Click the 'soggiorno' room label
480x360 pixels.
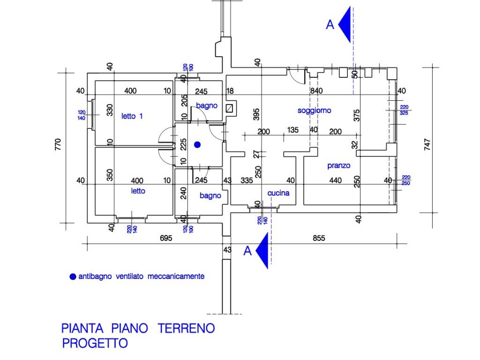point(314,111)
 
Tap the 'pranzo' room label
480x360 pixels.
point(338,165)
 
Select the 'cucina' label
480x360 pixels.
point(278,193)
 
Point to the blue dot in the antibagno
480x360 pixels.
point(197,144)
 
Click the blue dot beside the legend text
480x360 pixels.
point(72,277)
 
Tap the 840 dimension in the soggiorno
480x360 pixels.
point(316,91)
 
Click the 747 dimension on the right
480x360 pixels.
point(427,143)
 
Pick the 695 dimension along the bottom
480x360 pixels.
point(166,238)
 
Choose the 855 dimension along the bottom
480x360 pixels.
point(319,238)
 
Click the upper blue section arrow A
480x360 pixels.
point(345,25)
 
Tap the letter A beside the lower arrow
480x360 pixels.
point(247,251)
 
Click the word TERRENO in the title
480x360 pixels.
point(186,328)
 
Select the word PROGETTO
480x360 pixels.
point(95,343)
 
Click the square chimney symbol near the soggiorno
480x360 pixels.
point(230,108)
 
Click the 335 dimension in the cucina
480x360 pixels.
point(247,180)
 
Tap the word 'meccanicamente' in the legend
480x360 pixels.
point(176,277)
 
